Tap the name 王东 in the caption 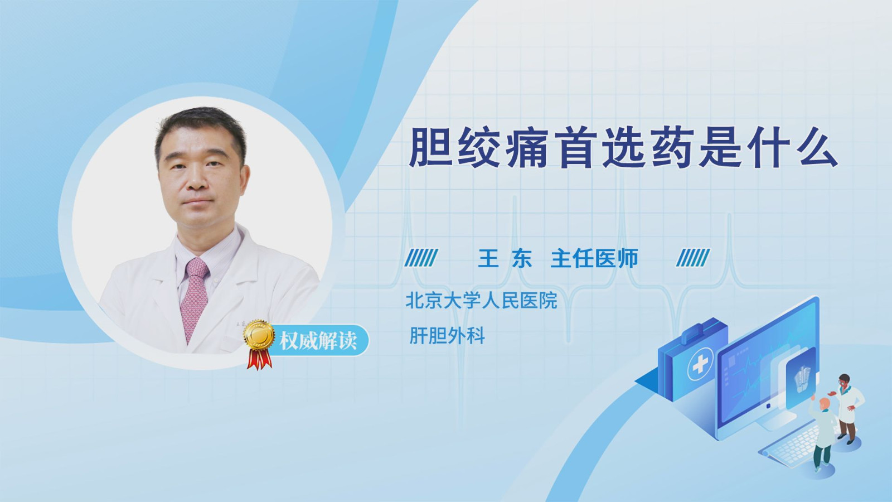pyautogui.click(x=505, y=258)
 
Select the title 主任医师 pyautogui.click(x=594, y=258)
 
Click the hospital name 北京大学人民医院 pyautogui.click(x=481, y=300)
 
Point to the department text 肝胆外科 pyautogui.click(x=447, y=335)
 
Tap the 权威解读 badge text pyautogui.click(x=318, y=341)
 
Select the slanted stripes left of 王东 pyautogui.click(x=421, y=258)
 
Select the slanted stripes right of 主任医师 pyautogui.click(x=693, y=258)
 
